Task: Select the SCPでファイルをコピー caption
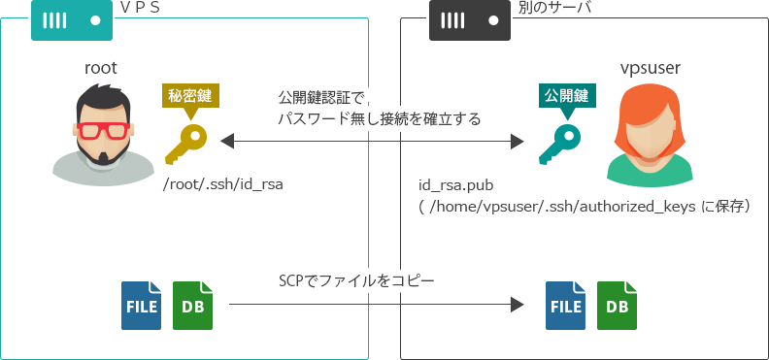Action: [x=355, y=281]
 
